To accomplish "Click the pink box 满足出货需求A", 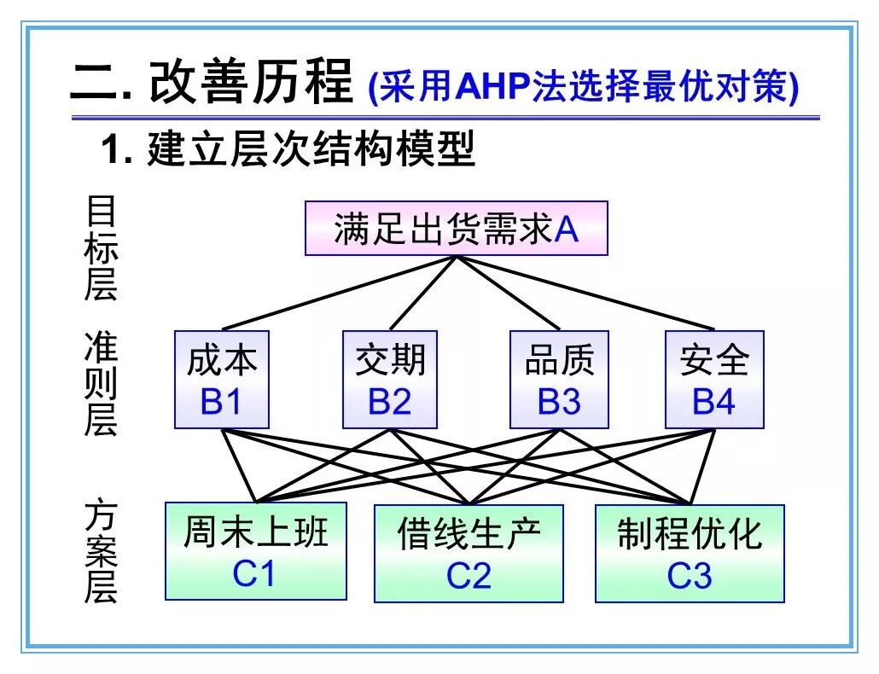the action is point(457,229).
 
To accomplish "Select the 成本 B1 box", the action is point(222,380).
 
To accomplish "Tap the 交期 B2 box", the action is point(390,380).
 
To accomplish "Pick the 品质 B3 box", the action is point(559,380).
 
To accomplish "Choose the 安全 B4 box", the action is point(714,380).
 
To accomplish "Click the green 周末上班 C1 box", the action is point(256,551).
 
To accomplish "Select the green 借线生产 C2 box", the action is point(469,554).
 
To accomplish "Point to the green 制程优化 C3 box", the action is point(690,554).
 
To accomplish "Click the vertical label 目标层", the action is point(101,247).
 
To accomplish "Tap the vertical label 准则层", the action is point(101,384).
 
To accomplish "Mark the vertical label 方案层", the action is point(101,552).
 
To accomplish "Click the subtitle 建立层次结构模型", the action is point(311,148).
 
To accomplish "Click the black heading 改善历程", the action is point(251,82).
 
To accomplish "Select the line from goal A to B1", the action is point(339,293).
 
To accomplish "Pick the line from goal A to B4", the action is point(585,293).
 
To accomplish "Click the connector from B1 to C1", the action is point(239,466).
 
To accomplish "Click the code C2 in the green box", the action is point(469,575).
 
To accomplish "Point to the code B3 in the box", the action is point(559,401).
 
